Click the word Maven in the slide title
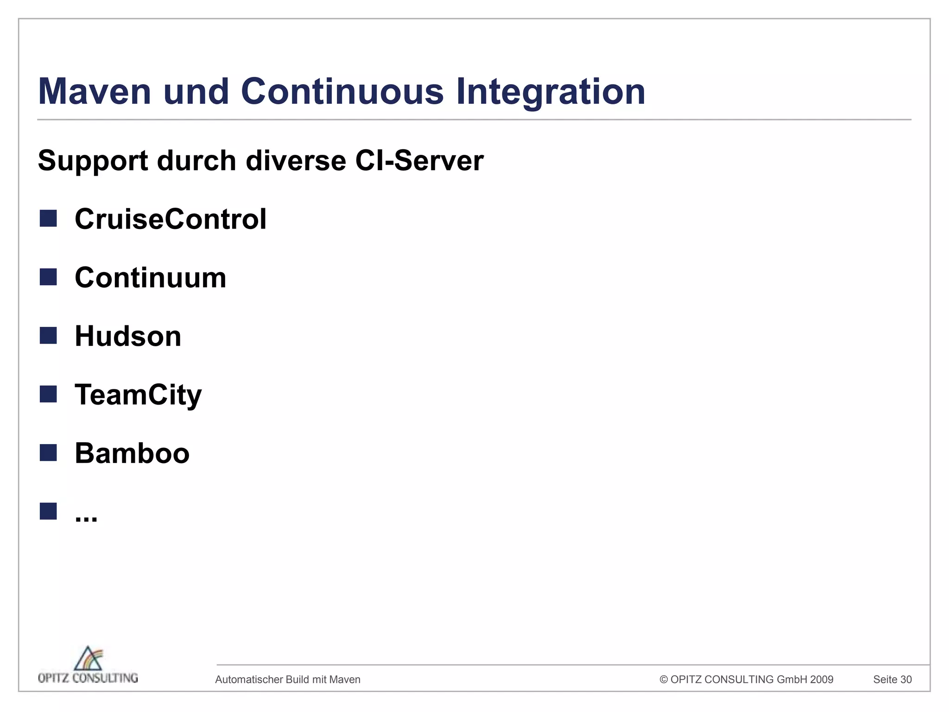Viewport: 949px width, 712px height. pos(95,91)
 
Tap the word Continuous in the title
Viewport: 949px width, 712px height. pos(342,91)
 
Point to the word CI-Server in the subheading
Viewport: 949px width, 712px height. pos(419,161)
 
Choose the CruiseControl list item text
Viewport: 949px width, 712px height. pos(171,219)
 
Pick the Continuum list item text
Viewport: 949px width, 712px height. pos(151,278)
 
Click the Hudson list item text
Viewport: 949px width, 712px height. pos(128,336)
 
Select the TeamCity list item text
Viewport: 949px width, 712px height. pos(138,395)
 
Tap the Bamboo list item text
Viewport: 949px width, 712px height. pos(132,453)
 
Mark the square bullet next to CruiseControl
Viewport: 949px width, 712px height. pos(48,218)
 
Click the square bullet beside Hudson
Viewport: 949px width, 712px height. pos(48,336)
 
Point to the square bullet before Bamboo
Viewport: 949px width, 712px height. pos(48,453)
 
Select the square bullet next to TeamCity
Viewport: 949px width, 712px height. pos(48,394)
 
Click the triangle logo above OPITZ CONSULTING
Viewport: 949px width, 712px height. pos(88,658)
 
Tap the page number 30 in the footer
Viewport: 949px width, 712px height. pos(906,680)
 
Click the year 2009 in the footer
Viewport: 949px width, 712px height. pos(822,680)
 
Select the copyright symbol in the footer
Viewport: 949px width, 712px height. pos(664,680)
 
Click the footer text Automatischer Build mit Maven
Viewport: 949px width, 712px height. pos(288,680)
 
